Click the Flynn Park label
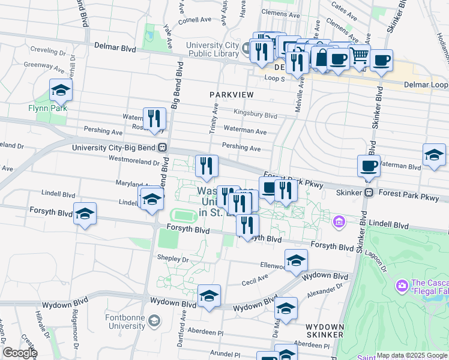click(47, 108)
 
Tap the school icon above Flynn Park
click(61, 91)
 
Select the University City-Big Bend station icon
click(162, 148)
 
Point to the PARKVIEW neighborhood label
click(231, 95)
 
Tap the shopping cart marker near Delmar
click(359, 56)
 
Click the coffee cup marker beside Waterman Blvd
click(369, 165)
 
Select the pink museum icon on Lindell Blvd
click(339, 223)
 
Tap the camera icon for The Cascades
click(401, 283)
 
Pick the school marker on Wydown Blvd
click(209, 296)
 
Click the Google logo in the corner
click(19, 353)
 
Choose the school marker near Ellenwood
click(296, 260)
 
